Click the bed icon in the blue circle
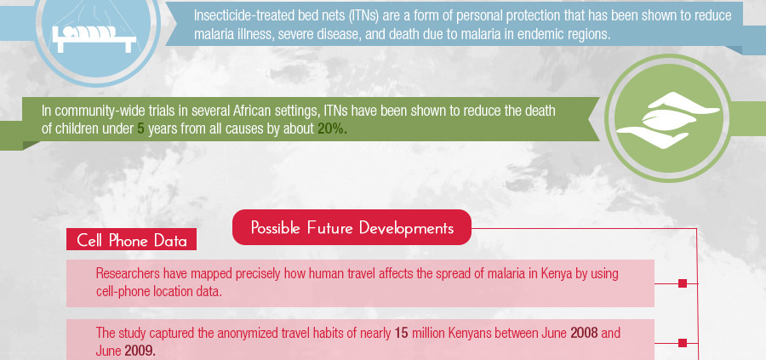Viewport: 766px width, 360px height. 94,39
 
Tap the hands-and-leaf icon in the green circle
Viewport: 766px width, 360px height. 667,120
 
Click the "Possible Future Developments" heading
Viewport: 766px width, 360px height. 352,227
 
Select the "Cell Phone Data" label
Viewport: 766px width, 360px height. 132,240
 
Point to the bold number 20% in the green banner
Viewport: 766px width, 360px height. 332,129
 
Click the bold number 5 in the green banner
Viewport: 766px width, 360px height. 140,129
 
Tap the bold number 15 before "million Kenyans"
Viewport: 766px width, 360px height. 401,334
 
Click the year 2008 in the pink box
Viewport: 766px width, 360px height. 584,334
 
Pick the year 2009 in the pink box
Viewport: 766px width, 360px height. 140,351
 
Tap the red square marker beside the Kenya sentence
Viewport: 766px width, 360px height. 683,283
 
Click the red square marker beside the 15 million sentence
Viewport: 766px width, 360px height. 683,343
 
